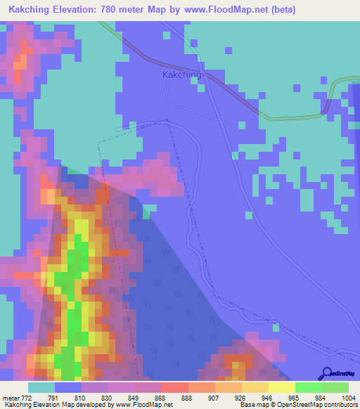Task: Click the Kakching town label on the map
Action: click(x=181, y=74)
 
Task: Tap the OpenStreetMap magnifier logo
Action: click(x=326, y=374)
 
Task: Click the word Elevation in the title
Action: click(x=79, y=10)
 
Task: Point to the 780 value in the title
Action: click(x=120, y=10)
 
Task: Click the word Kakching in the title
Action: click(x=31, y=10)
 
